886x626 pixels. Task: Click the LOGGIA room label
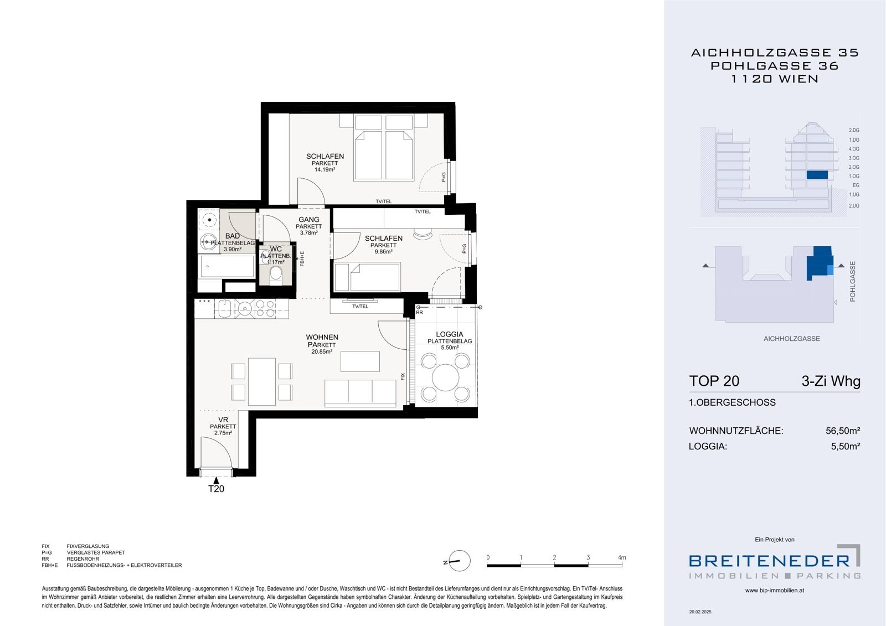[x=449, y=334]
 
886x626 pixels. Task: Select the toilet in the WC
[x=276, y=274]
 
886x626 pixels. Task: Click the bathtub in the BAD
[x=226, y=266]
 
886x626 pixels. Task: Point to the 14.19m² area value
[x=324, y=170]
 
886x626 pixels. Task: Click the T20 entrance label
[x=216, y=489]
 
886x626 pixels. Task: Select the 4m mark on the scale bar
[x=622, y=557]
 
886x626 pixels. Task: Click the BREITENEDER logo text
[x=769, y=561]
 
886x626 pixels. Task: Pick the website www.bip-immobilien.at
[x=775, y=591]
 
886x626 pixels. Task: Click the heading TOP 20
[x=714, y=381]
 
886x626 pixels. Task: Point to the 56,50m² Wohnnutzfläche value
[x=843, y=431]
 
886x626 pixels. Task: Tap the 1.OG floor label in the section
[x=853, y=176]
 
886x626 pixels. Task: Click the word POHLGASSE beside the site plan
[x=852, y=281]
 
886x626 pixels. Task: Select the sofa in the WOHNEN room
[x=360, y=394]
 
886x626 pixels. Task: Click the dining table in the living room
[x=262, y=381]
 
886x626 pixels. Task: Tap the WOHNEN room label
[x=322, y=337]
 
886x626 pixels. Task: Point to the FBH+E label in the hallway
[x=302, y=259]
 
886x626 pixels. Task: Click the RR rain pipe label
[x=419, y=312]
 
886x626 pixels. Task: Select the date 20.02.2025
[x=700, y=612]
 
